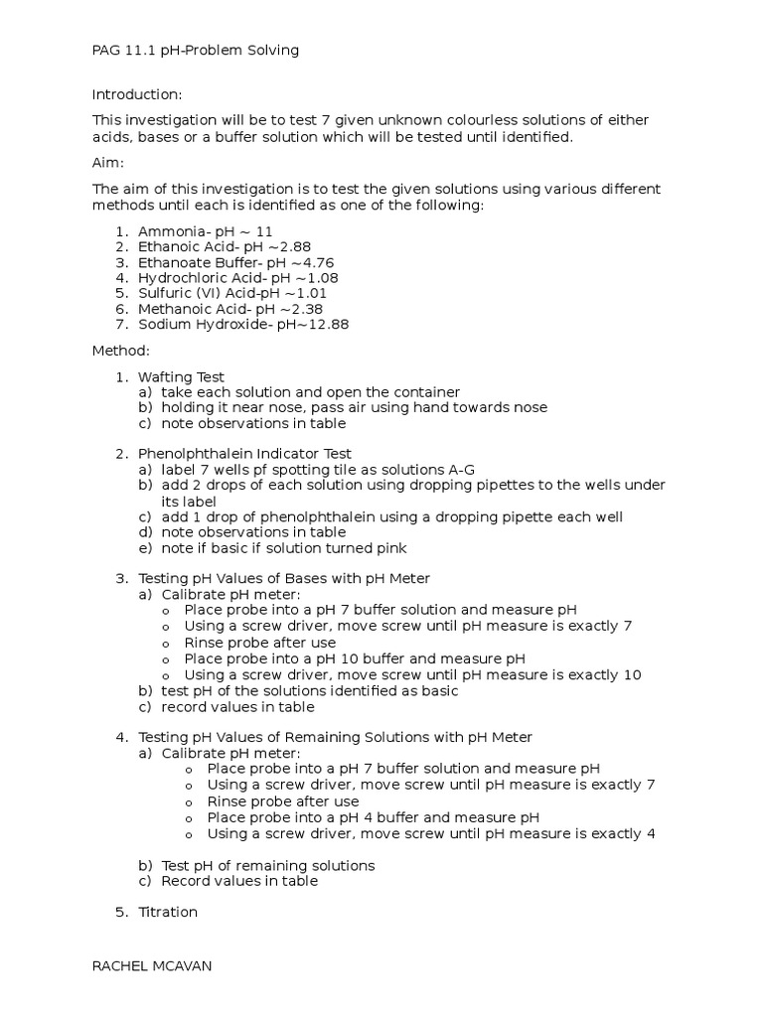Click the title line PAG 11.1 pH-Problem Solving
coord(196,50)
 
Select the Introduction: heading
coord(137,94)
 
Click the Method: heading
coord(121,351)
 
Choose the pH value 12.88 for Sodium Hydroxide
coord(326,324)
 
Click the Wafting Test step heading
coord(181,376)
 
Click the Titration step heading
coord(168,911)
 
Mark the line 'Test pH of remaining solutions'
coord(267,865)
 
